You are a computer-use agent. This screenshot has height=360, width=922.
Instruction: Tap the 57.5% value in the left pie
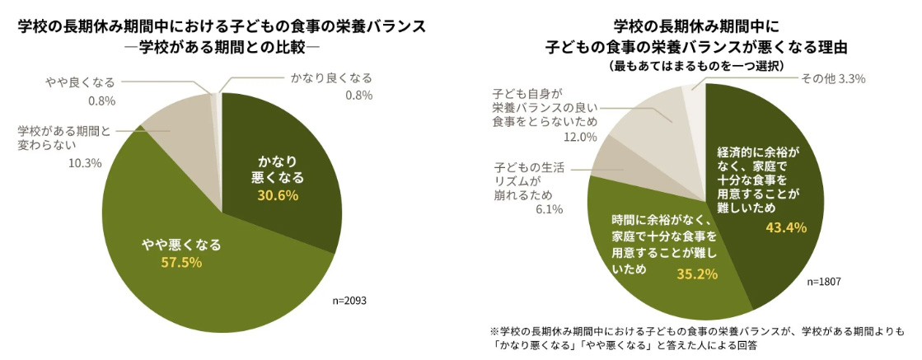(x=180, y=262)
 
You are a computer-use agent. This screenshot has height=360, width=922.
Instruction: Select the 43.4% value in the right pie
(x=784, y=227)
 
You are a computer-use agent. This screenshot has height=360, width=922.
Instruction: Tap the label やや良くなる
(x=80, y=82)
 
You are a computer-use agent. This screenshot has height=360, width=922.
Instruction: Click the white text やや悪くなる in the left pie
(x=180, y=245)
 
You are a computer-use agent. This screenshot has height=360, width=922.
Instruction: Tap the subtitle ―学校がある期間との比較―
(x=222, y=45)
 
